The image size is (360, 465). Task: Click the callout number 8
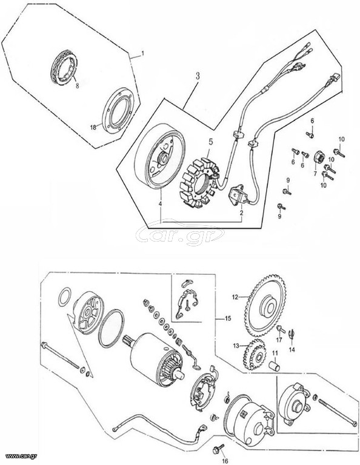point(77,87)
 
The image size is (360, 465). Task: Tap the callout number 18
point(93,127)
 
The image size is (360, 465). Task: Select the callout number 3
point(198,76)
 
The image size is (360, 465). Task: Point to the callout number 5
point(210,142)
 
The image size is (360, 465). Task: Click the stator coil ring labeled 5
point(201,183)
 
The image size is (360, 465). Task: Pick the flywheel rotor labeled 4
point(159,157)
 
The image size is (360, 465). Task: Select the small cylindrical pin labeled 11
point(274,365)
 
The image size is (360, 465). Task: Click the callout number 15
point(228,319)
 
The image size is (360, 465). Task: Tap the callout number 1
point(142,54)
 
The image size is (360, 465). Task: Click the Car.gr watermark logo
point(180,232)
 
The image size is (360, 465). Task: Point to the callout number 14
point(292,350)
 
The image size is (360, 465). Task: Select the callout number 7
point(316,174)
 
